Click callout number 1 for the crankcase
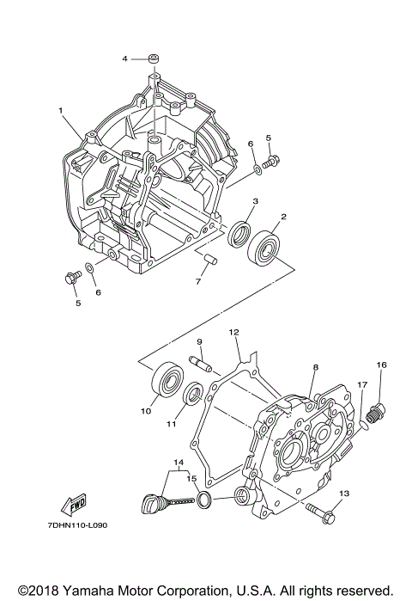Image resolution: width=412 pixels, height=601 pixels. coord(61,111)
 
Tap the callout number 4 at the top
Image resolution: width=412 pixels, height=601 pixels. coord(124,58)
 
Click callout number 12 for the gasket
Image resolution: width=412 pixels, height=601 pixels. coord(233,331)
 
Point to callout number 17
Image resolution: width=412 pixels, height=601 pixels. coord(361,385)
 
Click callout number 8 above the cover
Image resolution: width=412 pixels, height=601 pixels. coord(315,367)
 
